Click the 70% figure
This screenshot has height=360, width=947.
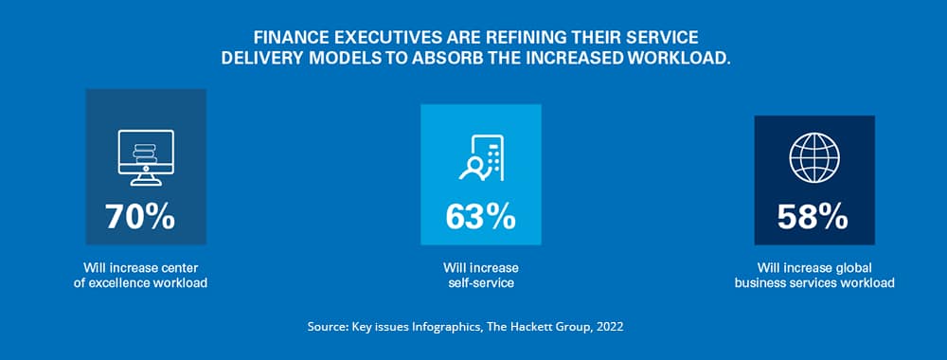coord(140,217)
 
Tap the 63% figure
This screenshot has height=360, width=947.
coord(480,217)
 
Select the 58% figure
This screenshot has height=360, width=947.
coord(813,217)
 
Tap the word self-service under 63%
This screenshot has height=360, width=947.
coord(480,283)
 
